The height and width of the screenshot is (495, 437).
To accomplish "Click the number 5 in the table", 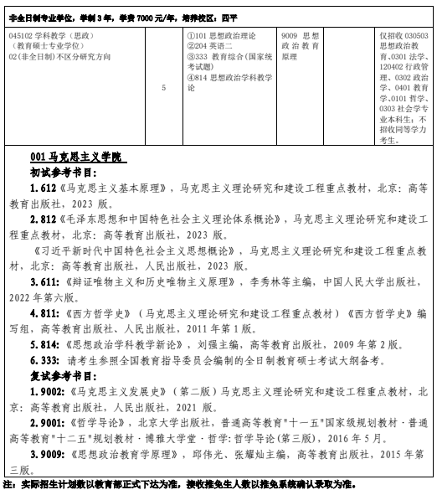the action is pos(163,85).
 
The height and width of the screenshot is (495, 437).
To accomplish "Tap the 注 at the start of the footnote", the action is pos(8,485).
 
